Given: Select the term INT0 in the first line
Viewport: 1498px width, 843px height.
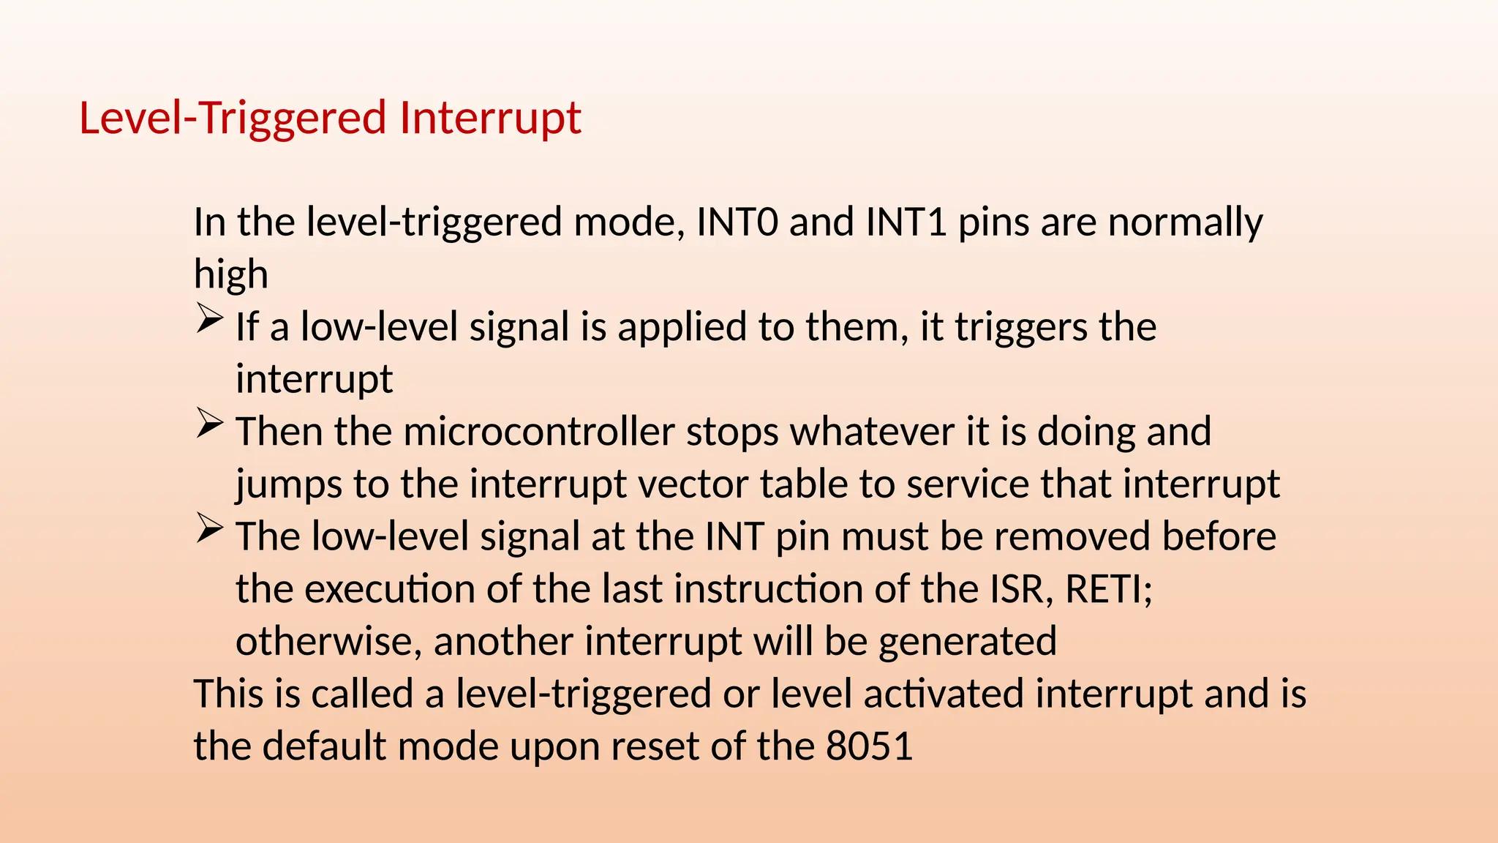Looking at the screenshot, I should click(737, 222).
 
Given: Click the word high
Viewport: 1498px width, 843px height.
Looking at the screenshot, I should click(230, 274).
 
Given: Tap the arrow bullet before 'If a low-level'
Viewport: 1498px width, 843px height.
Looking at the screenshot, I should click(209, 320).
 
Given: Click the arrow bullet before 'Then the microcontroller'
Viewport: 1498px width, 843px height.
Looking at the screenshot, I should click(209, 424).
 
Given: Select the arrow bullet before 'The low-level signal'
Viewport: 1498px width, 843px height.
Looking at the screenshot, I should click(209, 529).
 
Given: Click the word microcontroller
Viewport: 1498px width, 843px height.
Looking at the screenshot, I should click(538, 432).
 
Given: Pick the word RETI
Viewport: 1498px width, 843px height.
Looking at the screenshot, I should click(1107, 589).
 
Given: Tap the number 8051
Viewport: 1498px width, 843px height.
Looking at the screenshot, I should click(869, 746).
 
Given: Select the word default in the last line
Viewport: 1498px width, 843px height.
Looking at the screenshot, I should click(324, 746).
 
